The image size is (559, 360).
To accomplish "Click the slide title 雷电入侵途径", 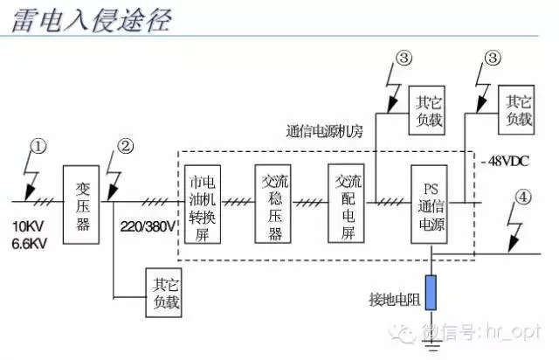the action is tap(92, 19).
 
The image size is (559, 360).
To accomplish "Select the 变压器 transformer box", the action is tap(81, 204).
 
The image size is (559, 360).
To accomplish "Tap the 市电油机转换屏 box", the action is tap(203, 204).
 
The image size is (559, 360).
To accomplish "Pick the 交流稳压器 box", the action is tap(273, 204).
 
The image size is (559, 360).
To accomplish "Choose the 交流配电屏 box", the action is tap(346, 204).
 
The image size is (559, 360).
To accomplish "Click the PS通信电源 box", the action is tap(429, 204).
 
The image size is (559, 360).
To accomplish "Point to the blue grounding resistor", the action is tap(431, 293).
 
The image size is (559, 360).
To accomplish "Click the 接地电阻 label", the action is tap(394, 300).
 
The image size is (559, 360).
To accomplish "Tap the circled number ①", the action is tap(38, 146).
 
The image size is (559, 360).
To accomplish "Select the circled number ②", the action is tap(126, 146).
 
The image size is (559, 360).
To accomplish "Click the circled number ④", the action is tap(523, 197).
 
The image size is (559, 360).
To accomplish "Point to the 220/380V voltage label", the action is tap(148, 226).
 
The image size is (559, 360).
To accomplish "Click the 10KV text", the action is tap(28, 226).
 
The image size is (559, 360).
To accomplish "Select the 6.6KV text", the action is tap(29, 244).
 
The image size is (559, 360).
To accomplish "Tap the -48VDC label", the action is tap(506, 162).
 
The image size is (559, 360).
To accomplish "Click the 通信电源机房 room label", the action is tap(325, 131).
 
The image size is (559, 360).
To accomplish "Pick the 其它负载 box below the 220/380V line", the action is tap(163, 293).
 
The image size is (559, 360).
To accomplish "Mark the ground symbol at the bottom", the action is tap(431, 344).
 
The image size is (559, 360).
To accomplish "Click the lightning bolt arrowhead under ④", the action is tap(513, 246).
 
